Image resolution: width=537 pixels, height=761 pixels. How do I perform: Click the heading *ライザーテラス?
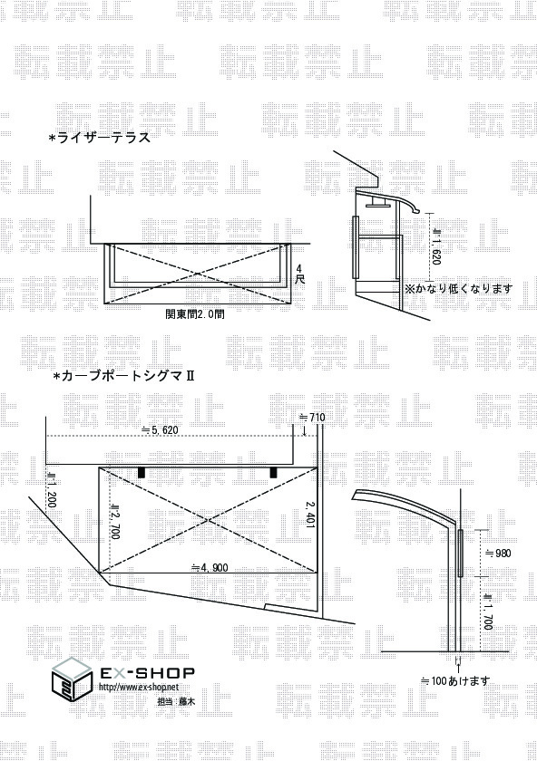(100, 139)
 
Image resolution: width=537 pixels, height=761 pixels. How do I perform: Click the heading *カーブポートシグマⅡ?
(123, 376)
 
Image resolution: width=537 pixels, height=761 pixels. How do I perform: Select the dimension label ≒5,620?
(160, 430)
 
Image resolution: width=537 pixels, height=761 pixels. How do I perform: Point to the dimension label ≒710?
(312, 417)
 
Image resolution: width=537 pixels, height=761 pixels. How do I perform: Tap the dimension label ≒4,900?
(210, 567)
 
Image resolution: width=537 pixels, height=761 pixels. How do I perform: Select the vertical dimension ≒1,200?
(51, 490)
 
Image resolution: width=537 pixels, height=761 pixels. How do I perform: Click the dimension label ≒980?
(499, 553)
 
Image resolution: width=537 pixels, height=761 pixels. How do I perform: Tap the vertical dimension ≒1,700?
(488, 612)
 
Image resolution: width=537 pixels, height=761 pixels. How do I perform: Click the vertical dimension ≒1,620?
(435, 246)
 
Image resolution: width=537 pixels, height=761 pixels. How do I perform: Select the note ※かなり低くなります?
(459, 289)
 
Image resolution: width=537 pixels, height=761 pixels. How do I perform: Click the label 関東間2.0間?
(195, 314)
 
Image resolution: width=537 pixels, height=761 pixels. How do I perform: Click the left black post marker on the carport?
(142, 472)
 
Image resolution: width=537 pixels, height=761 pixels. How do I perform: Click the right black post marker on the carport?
(274, 472)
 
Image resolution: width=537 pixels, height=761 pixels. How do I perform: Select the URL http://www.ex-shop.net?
(139, 687)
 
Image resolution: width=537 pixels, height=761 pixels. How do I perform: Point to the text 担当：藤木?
(176, 701)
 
